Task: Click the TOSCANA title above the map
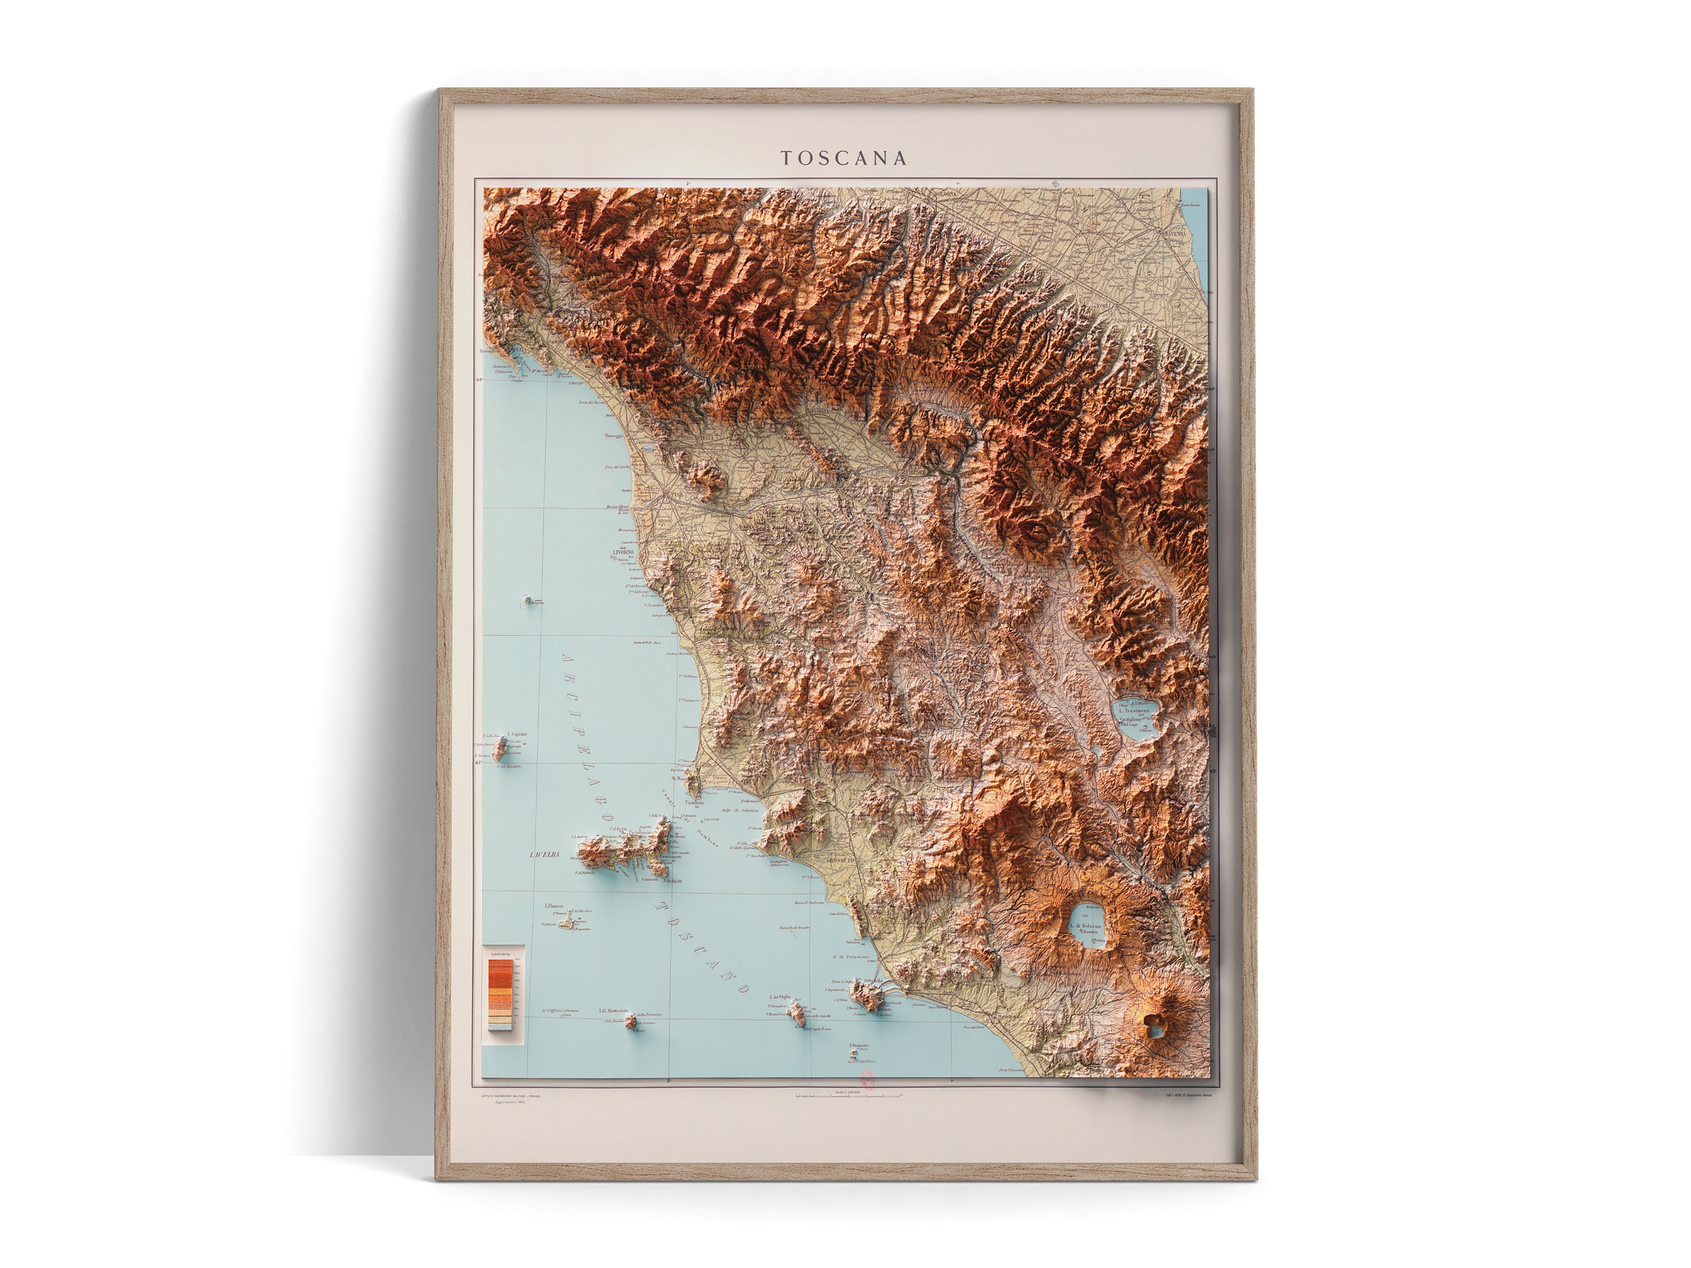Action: (x=844, y=158)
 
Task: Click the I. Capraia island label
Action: (x=517, y=734)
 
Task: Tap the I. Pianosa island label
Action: (x=554, y=906)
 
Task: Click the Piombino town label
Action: (x=693, y=803)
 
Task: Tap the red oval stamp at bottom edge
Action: (x=867, y=1079)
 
